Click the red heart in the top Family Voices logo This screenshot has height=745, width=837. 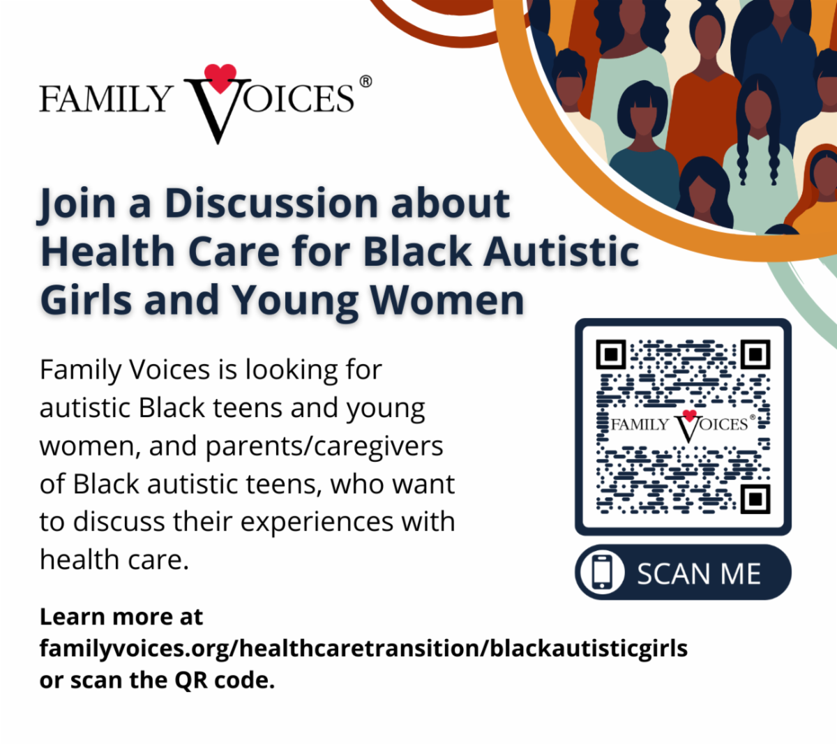(220, 78)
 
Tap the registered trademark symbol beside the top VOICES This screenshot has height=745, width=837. (365, 82)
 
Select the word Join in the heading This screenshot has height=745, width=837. (77, 204)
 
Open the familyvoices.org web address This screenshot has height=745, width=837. (363, 649)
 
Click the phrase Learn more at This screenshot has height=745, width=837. (121, 617)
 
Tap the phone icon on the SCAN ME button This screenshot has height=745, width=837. (602, 573)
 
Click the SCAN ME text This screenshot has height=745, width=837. (698, 574)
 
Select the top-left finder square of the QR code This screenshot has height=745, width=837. (611, 354)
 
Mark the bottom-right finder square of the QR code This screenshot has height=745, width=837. (755, 499)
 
